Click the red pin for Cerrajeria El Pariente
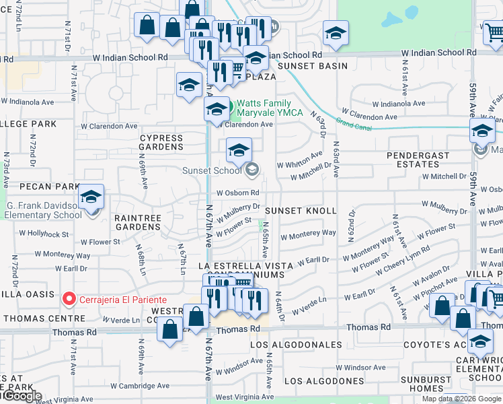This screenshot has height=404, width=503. tap(68, 298)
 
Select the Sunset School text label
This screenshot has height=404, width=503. tap(212, 170)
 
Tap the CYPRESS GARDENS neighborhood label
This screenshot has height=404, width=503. tap(161, 142)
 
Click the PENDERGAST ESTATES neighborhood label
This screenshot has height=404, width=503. tap(422, 160)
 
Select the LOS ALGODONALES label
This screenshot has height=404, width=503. tap(296, 345)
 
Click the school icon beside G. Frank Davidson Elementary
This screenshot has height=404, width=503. tap(91, 197)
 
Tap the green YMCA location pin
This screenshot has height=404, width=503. tap(227, 107)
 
